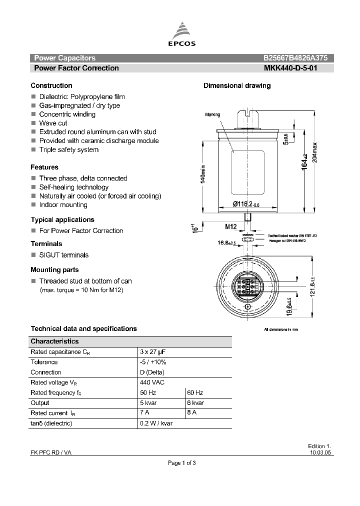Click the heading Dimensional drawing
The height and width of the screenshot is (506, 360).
click(237, 85)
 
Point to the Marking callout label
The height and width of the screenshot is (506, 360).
click(212, 114)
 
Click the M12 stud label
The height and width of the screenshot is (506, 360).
click(230, 226)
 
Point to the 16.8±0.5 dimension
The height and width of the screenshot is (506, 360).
click(226, 242)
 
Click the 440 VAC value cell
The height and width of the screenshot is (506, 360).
click(153, 382)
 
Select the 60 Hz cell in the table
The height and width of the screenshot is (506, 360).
click(195, 392)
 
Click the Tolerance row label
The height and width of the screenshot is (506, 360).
click(44, 362)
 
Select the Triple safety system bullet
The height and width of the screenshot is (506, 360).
click(69, 149)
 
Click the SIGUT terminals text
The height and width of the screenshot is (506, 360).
click(63, 255)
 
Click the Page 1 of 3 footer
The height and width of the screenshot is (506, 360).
click(181, 463)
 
